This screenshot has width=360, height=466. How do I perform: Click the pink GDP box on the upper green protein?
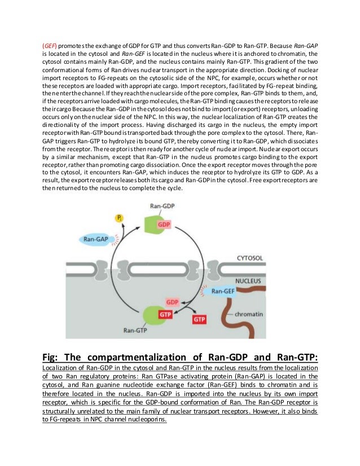point(164,224)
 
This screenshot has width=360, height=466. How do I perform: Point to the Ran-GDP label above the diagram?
point(163,206)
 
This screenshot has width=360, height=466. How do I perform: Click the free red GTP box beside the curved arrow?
point(199,319)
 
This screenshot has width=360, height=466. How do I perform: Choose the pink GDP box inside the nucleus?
point(172,302)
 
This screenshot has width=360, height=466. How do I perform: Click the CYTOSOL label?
point(249,258)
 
